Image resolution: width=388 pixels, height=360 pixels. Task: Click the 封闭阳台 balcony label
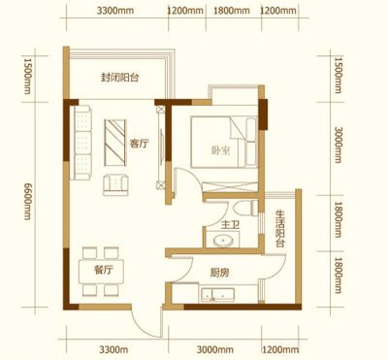tap(119, 78)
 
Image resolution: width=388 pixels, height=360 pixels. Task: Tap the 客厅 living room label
tap(139, 144)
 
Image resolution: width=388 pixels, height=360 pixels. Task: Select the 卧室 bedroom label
tap(221, 150)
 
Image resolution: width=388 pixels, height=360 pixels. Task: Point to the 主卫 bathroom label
tap(231, 224)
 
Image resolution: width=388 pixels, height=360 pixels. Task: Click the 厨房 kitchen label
tap(219, 273)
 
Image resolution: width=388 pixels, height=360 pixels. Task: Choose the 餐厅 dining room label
tap(104, 270)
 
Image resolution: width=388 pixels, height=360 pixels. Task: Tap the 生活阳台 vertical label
tap(280, 229)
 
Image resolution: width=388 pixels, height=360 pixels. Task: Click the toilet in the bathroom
tap(245, 208)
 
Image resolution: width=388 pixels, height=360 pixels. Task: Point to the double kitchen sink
tap(217, 294)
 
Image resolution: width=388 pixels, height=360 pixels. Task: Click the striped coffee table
tap(115, 143)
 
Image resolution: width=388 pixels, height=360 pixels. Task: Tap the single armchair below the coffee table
tap(115, 184)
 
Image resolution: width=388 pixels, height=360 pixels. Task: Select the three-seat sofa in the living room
tap(82, 143)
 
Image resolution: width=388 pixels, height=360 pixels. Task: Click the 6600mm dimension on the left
tap(28, 201)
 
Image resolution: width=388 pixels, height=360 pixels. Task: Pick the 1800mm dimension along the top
tap(232, 11)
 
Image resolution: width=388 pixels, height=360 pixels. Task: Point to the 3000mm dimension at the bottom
tap(215, 349)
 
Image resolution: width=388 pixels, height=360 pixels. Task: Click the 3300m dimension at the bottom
tap(113, 349)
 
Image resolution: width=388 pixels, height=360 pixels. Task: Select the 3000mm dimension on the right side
tap(338, 145)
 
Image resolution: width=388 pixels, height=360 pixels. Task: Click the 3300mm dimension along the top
tap(115, 11)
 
